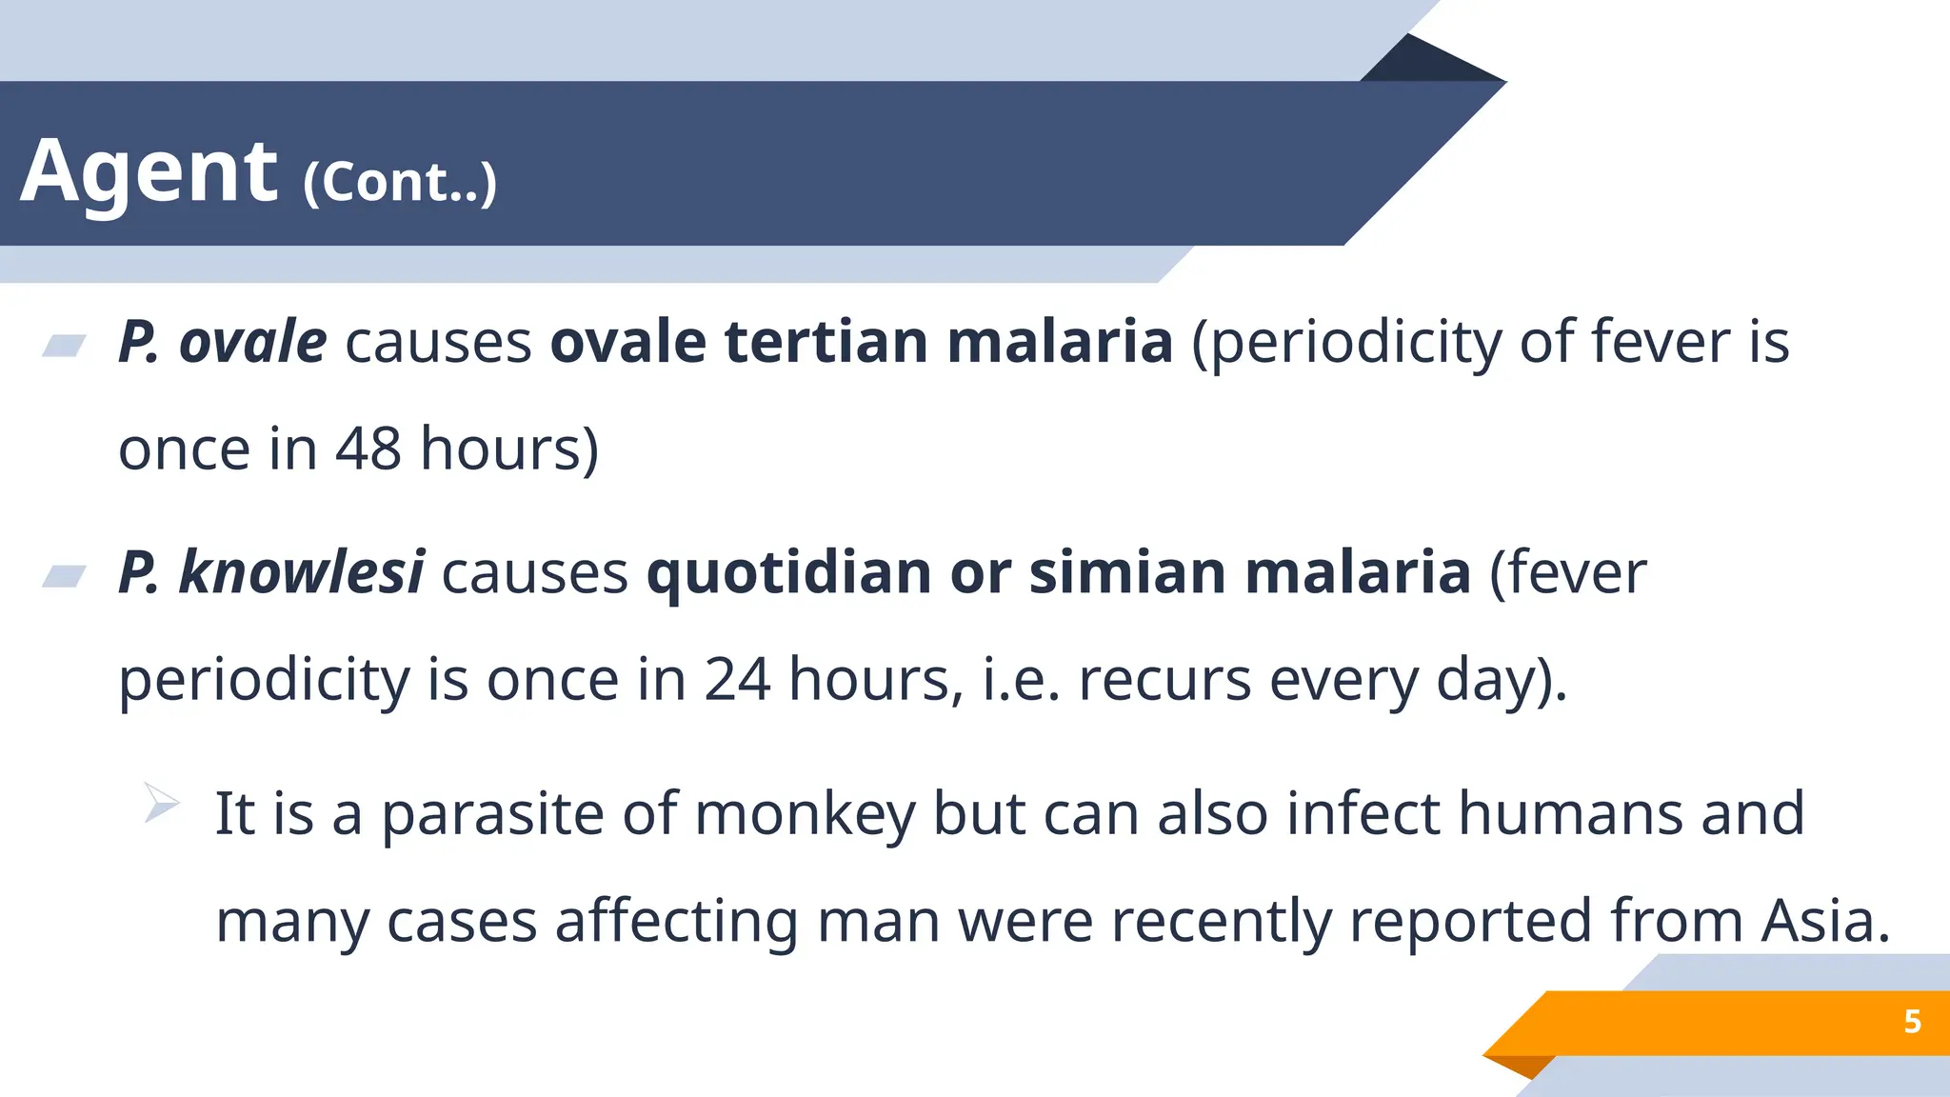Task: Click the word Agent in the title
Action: coord(149,172)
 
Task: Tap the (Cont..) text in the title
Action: coord(400,182)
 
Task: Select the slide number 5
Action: coord(1912,1022)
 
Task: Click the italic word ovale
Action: coord(252,342)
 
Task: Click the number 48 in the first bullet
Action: coord(368,449)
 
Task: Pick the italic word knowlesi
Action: coord(301,572)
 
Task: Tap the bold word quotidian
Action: coord(788,572)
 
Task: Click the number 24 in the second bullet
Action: coord(736,680)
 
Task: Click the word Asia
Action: coord(1824,921)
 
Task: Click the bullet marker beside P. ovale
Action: coord(65,345)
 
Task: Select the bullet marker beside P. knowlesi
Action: coord(65,576)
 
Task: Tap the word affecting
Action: coord(676,922)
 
